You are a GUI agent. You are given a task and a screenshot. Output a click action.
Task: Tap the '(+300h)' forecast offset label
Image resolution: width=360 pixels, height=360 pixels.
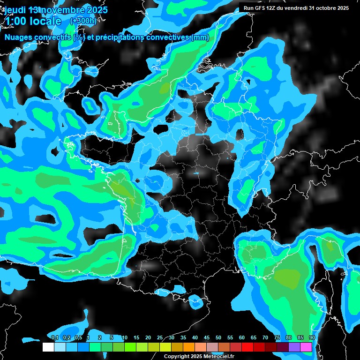coord(83,21)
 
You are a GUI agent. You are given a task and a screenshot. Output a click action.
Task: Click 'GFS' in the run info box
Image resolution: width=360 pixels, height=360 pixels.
coord(266,8)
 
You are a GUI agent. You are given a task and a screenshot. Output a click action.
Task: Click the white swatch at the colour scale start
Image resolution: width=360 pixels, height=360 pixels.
coord(48,347)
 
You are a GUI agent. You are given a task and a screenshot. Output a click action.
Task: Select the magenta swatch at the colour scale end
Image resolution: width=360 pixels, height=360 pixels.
coord(306,347)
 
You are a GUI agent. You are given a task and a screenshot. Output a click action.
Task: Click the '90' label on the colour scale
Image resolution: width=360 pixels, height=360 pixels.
coord(312,337)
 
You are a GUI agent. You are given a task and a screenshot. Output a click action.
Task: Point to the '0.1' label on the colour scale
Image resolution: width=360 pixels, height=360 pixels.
coord(54,337)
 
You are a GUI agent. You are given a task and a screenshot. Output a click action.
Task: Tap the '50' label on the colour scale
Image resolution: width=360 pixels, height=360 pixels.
coord(218,337)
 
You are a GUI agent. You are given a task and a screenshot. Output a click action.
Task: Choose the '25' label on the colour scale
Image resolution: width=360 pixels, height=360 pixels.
coord(160,337)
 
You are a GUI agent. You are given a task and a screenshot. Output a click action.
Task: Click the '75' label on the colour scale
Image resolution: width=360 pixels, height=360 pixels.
coord(277,337)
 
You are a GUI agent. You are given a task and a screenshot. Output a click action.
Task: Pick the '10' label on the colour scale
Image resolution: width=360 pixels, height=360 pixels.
coord(125,337)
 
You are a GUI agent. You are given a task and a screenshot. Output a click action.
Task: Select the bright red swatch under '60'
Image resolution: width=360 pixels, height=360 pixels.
coord(247,347)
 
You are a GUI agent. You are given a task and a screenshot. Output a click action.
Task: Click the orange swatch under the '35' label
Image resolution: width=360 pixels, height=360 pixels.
coord(189,347)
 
